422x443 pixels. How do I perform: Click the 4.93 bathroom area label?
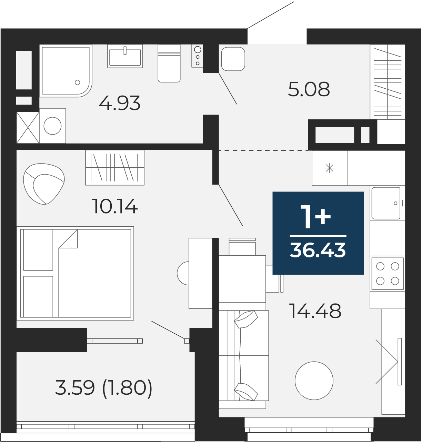pos(120,103)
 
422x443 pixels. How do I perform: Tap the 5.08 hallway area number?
pos(309,89)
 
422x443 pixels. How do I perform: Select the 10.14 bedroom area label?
pos(114,206)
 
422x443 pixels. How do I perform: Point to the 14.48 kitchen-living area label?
pos(315,311)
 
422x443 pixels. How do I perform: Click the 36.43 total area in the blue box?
pos(318,250)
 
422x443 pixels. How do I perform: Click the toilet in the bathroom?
pos(169,63)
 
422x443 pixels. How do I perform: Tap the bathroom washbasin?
pos(125,56)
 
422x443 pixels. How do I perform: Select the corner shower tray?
pos(66,71)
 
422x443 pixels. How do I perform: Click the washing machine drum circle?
pos(52,126)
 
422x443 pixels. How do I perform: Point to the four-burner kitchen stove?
pos(387,274)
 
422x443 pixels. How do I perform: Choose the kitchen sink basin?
pos(386,203)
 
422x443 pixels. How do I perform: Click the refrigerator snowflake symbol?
pos(330,168)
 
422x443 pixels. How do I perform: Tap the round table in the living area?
pos(314,381)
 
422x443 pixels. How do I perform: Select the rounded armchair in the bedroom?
pos(44,184)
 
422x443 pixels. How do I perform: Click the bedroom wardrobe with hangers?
pos(115,168)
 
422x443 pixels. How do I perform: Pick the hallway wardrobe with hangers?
pos(387,82)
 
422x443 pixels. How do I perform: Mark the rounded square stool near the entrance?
pos(233,59)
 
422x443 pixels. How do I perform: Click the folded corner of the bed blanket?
pos(68,239)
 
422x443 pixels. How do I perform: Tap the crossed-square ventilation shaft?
pos(28,128)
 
